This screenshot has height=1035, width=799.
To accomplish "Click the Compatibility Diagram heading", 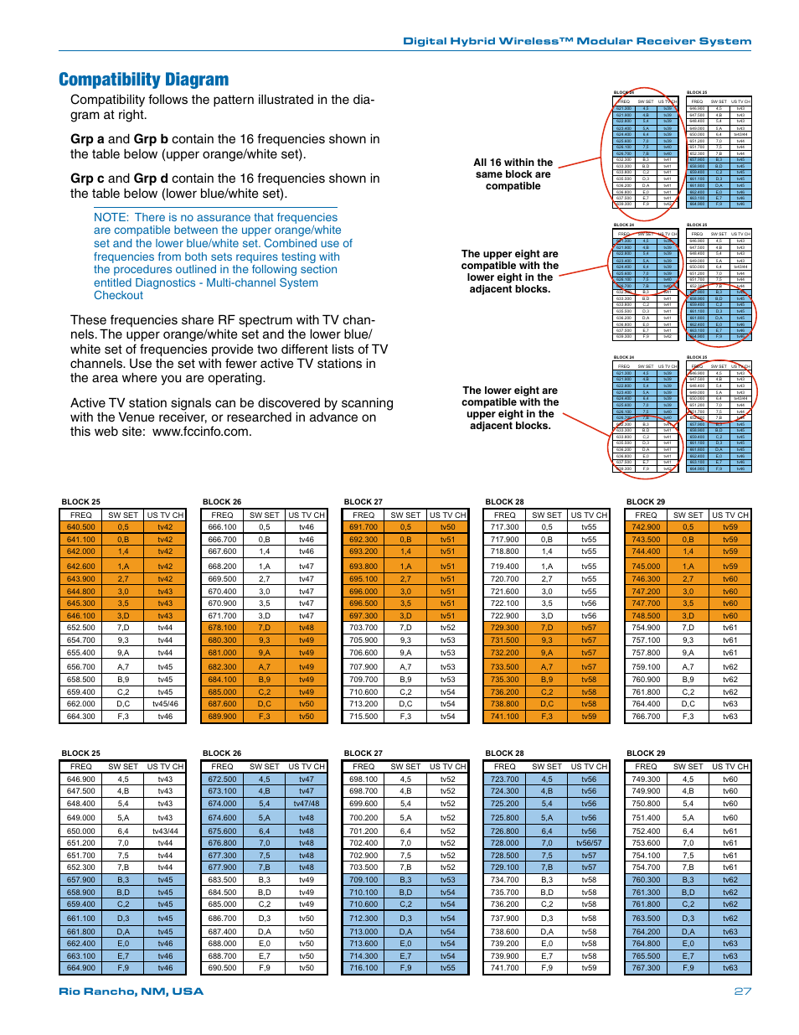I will click(143, 80).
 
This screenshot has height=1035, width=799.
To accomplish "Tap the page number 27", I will click(742, 991).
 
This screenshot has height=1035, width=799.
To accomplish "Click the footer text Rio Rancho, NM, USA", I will click(131, 991).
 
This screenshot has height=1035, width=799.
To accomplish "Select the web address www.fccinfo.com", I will click(202, 432).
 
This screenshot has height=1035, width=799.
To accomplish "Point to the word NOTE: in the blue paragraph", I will click(111, 217).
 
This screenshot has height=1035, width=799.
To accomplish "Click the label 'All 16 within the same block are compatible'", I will click(513, 174).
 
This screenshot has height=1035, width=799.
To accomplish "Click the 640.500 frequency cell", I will click(81, 527).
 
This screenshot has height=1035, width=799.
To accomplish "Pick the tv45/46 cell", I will click(165, 704).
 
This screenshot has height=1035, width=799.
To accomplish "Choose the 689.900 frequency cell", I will click(222, 717).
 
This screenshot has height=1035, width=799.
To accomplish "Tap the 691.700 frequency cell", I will click(363, 527).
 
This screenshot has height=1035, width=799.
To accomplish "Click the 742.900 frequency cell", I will click(646, 527).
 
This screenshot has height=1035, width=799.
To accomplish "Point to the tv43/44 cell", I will click(165, 831).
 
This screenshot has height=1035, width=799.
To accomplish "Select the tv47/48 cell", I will click(307, 804).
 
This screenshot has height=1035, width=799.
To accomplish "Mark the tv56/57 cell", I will click(589, 843).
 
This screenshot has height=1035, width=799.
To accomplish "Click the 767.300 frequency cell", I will click(646, 968).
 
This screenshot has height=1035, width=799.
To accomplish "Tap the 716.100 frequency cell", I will click(363, 968).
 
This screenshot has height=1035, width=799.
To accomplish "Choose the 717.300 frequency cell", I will click(504, 527).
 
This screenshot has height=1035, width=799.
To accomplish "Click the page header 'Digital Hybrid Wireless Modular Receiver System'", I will click(577, 41).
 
